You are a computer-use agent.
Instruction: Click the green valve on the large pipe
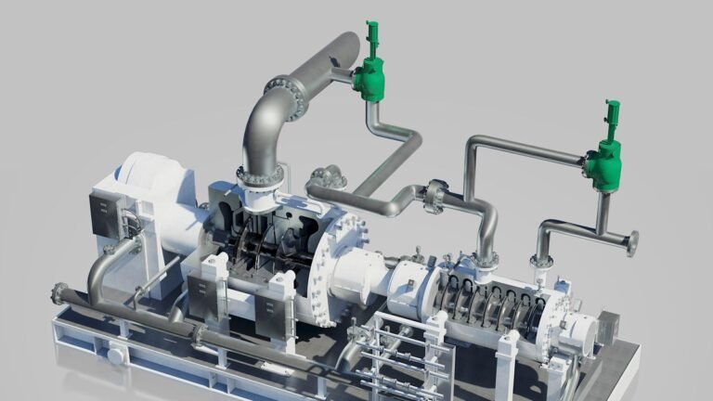[370, 78]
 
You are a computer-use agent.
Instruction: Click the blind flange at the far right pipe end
[632, 243]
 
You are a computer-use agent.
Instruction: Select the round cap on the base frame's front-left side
[116, 354]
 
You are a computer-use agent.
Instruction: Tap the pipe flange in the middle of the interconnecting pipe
[434, 196]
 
